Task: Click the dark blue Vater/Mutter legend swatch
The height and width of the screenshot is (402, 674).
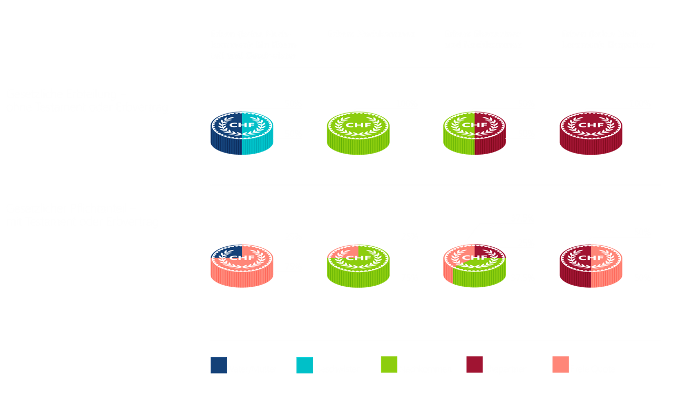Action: (x=219, y=365)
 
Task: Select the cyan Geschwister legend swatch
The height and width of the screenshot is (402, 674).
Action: (x=304, y=365)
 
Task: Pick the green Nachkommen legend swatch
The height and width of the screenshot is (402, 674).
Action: (x=389, y=365)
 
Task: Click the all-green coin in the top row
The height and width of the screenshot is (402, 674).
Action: (x=358, y=134)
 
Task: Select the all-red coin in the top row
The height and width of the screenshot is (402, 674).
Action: (x=590, y=134)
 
